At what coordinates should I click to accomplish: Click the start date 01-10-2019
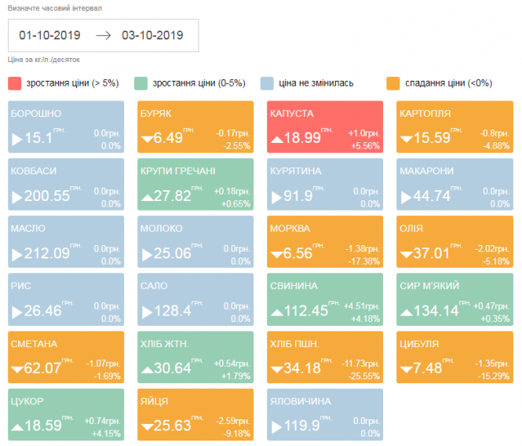coord(49,35)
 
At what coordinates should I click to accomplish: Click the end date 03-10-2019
coord(152,35)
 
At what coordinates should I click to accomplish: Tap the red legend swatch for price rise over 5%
coord(15,82)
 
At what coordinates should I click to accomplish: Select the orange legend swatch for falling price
coord(393,82)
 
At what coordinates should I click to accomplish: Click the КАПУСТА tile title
coord(291,113)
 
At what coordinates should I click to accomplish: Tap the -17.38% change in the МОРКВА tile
coord(364,261)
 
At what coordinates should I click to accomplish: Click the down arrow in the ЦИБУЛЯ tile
coord(406,369)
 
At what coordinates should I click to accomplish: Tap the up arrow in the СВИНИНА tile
coord(276,312)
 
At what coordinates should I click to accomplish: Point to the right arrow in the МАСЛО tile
coord(17,254)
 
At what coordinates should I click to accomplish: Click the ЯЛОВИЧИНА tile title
coord(300,401)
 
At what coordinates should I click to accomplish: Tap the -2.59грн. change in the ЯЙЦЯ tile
coord(233,422)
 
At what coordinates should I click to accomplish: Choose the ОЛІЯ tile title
coord(411,228)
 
